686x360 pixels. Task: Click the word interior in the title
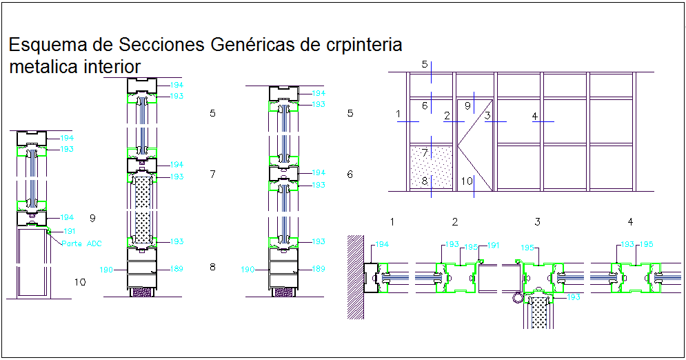click(113, 67)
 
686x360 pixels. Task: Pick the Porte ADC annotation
click(82, 243)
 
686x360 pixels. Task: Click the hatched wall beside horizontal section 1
click(355, 277)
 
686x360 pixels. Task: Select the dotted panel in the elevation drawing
click(431, 166)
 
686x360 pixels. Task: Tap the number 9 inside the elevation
click(467, 106)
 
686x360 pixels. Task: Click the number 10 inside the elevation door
click(467, 181)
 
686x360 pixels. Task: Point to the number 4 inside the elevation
click(534, 116)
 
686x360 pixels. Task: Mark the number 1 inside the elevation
click(399, 114)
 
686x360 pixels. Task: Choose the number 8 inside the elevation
click(425, 181)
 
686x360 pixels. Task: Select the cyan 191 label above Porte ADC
click(70, 231)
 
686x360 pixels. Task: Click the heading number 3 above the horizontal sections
click(536, 221)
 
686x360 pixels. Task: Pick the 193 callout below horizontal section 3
click(574, 297)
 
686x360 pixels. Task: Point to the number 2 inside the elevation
click(447, 115)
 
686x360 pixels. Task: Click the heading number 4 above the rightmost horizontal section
click(629, 221)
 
